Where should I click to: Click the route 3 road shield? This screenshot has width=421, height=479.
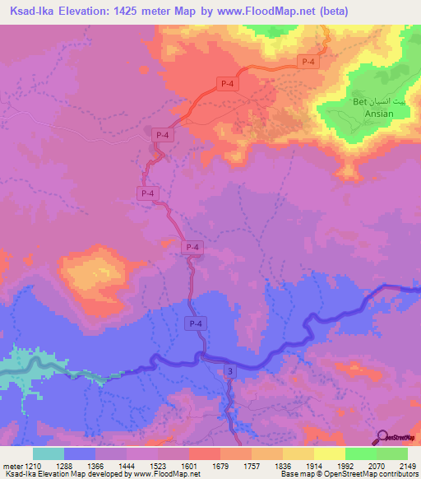(x=230, y=373)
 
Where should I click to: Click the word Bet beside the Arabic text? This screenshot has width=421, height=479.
(x=359, y=101)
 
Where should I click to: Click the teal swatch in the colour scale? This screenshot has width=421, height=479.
(x=48, y=453)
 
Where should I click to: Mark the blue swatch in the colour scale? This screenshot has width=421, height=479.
(x=80, y=453)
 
